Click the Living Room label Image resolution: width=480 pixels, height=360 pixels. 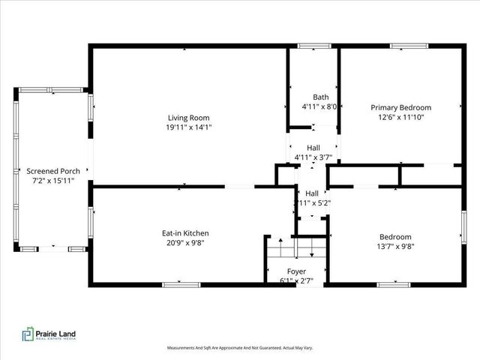188,118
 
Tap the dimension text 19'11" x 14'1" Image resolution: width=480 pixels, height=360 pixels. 188,127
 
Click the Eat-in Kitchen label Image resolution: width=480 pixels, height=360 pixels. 185,233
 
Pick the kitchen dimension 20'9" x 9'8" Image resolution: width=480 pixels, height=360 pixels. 185,243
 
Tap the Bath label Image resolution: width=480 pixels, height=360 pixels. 320,97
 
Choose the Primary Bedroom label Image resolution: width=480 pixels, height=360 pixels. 400,107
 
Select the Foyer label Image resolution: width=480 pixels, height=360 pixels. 296,271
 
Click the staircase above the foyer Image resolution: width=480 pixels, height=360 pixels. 296,247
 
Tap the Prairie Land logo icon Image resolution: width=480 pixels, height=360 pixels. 28,334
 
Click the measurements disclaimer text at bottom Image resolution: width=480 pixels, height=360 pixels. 239,348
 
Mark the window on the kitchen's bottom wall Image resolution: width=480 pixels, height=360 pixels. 181,284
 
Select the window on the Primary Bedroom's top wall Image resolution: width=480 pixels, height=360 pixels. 408,46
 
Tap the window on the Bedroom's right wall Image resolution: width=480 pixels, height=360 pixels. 463,227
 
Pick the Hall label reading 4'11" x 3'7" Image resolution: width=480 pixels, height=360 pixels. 313,153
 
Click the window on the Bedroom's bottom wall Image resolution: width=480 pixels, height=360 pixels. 393,284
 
